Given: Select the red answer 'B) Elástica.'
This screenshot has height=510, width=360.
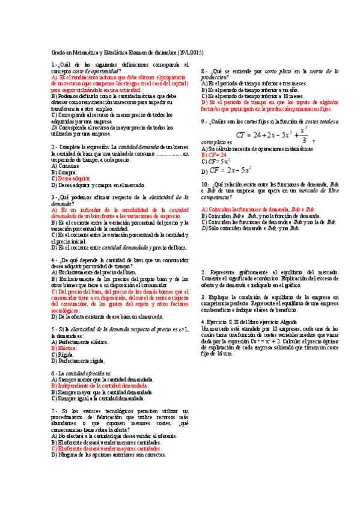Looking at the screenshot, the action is pyautogui.click(x=64, y=348).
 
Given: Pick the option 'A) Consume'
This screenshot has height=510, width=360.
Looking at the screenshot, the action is pyautogui.click(x=64, y=165).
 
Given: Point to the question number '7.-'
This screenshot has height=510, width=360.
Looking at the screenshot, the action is pyautogui.click(x=55, y=409).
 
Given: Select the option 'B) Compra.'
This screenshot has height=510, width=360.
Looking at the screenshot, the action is pyautogui.click(x=63, y=172).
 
